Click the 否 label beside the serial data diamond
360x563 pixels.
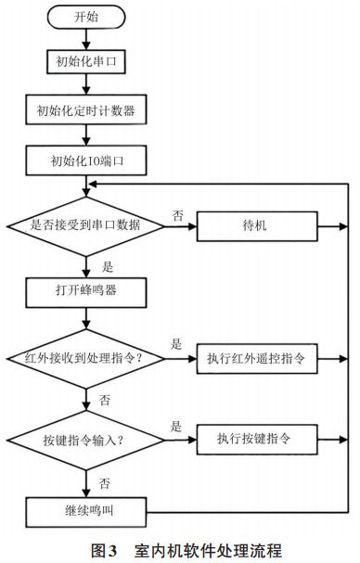tap(176, 214)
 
